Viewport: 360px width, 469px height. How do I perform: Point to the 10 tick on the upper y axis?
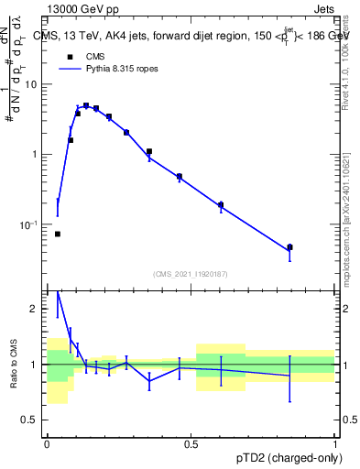coord(36,84)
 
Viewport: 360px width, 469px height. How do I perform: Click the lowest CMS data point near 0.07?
coord(57,234)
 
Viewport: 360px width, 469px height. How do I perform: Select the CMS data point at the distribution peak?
coord(86,105)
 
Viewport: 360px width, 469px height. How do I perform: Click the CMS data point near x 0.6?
coord(221,205)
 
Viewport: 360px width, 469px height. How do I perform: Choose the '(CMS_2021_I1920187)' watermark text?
coord(191,274)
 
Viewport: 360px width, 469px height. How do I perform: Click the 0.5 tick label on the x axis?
coord(191,444)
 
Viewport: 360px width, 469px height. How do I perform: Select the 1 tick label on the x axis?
coord(334,444)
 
